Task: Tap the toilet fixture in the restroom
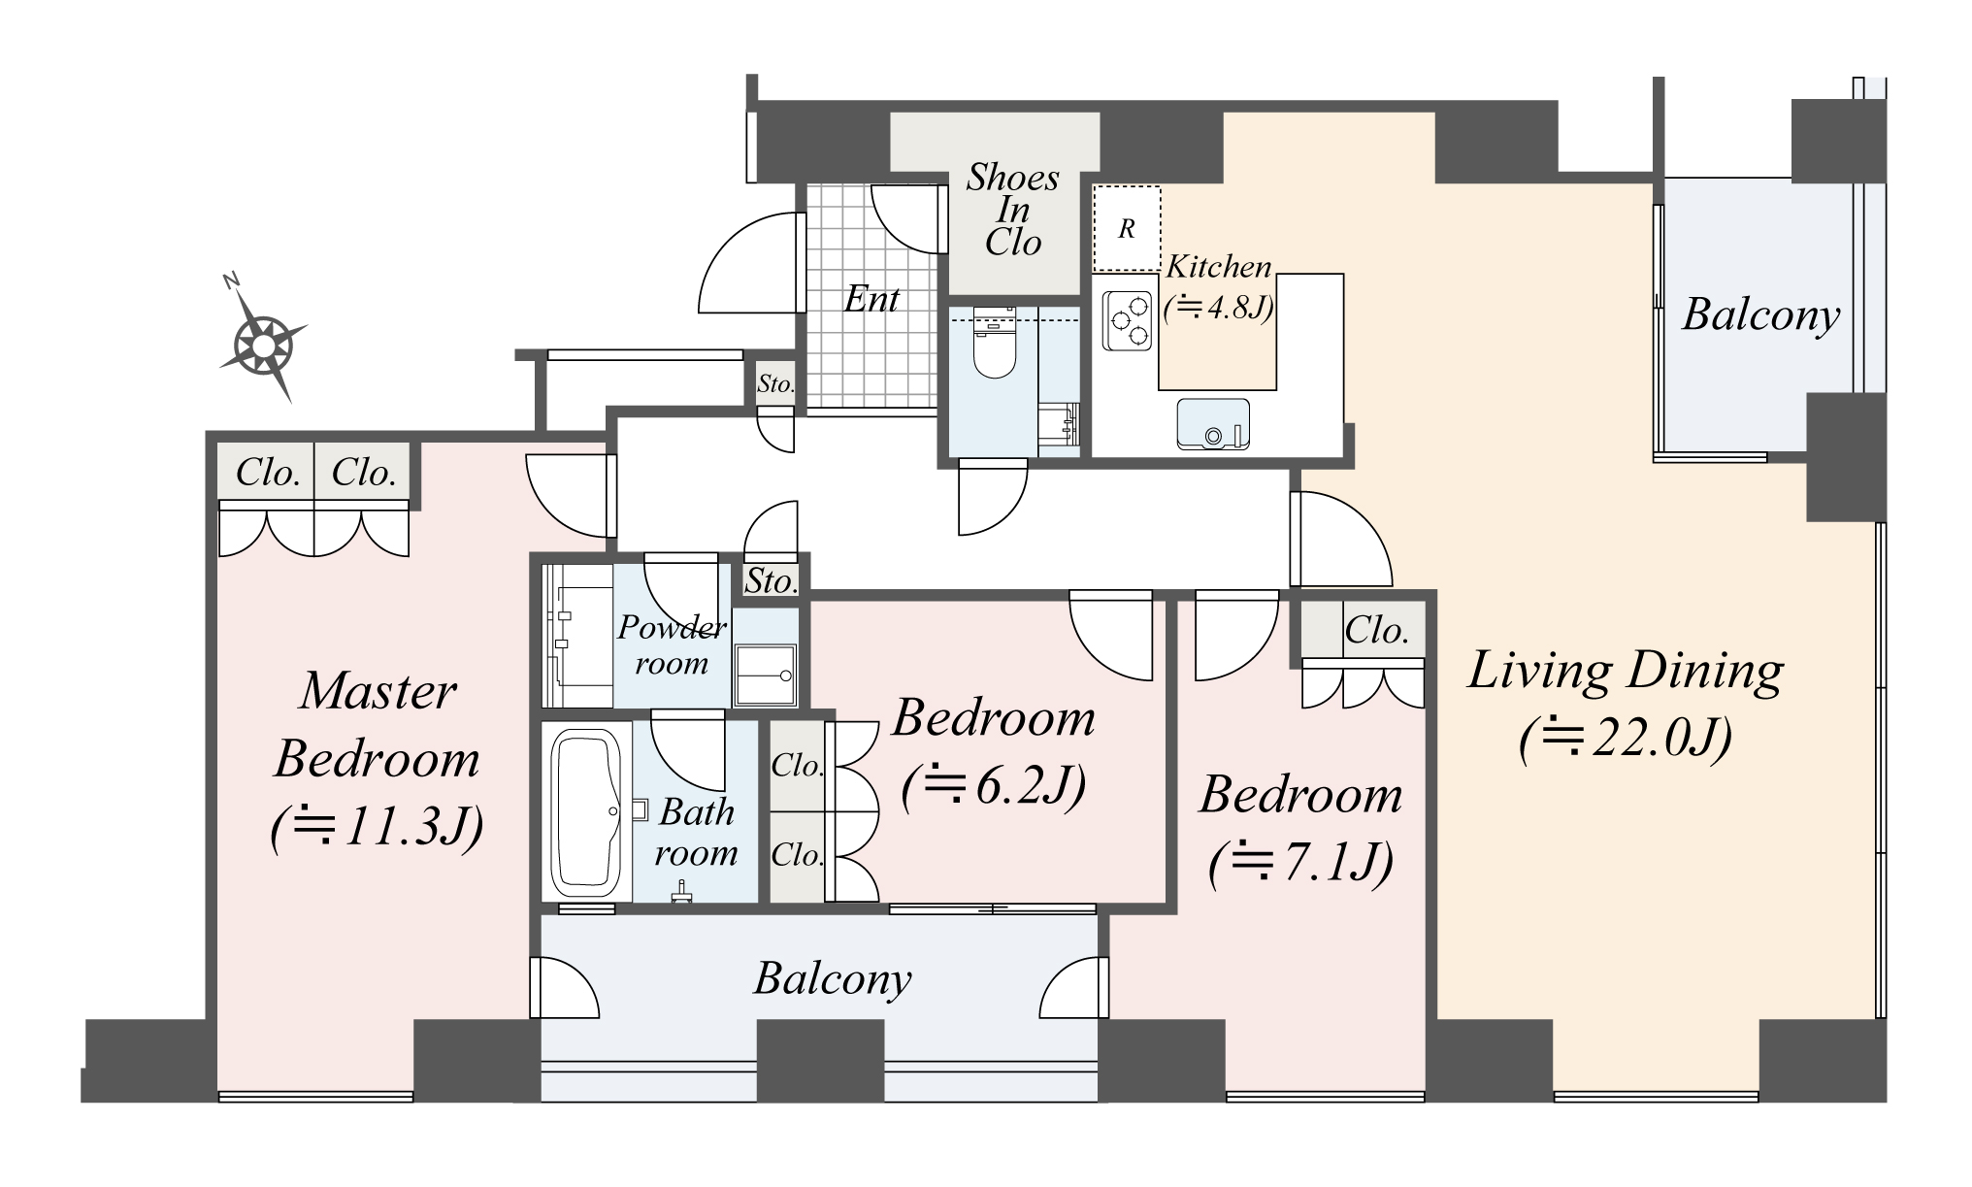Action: [x=993, y=346]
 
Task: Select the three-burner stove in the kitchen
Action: [x=1127, y=321]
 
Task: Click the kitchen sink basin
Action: [x=1212, y=425]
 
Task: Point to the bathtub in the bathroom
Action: [x=585, y=810]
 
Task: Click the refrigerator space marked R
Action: [x=1127, y=229]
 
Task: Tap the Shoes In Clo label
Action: [x=1013, y=210]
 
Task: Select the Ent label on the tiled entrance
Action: [x=871, y=299]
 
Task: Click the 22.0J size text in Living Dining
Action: [x=1626, y=740]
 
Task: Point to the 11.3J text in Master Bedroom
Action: [x=378, y=828]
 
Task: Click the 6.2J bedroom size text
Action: [x=993, y=786]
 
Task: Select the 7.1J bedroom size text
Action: [x=1300, y=862]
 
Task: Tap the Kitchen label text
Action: [x=1218, y=266]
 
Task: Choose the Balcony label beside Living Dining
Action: [x=1760, y=314]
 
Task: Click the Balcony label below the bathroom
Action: [x=833, y=978]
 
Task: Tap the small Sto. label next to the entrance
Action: [x=775, y=383]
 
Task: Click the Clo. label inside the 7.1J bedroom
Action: [x=1376, y=631]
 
